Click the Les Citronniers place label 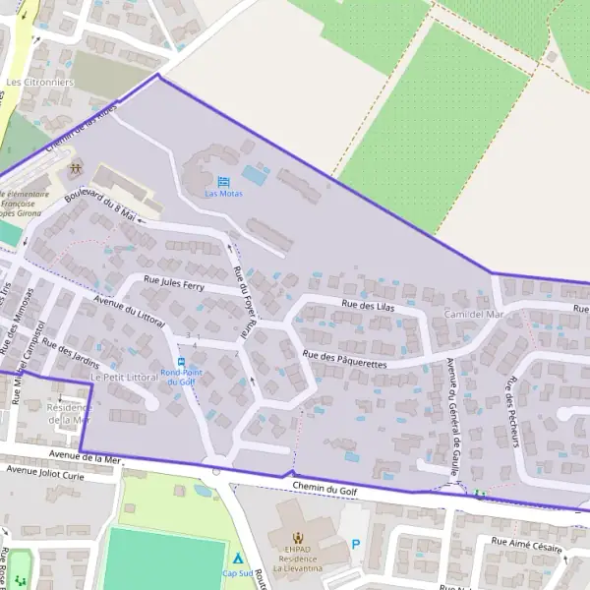point(39,82)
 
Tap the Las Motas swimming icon point(223,182)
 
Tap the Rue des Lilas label point(367,307)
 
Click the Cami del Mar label point(473,315)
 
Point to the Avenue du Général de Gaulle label point(453,418)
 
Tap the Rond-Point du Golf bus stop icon point(181,361)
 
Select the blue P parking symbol point(356,544)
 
